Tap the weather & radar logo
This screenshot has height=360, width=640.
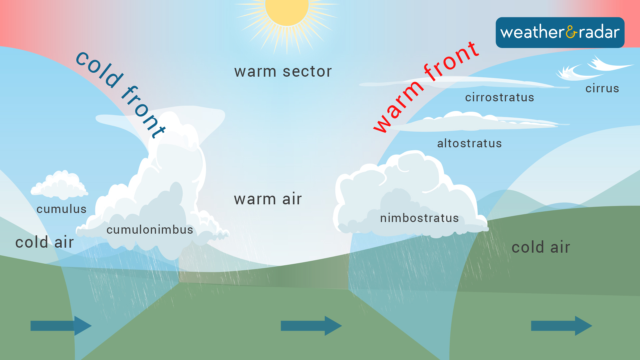coord(560,32)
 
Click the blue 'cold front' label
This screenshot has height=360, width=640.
coord(120,93)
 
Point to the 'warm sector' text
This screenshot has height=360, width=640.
coord(283,71)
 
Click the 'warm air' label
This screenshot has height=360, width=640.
coord(268,199)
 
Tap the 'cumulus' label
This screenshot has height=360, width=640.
coord(62,209)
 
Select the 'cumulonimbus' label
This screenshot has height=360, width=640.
coord(150,230)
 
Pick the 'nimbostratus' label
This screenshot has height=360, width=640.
coord(419,218)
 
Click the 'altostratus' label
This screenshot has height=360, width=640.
coord(469,143)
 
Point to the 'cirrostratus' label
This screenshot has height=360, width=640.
coord(500,97)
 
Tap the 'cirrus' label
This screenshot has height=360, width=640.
coord(602,88)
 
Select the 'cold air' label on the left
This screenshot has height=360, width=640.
coord(44,242)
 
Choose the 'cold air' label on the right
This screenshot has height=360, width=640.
coord(541,247)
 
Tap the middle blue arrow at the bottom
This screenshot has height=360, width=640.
coord(311,326)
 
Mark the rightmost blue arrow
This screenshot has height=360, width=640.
coord(561,326)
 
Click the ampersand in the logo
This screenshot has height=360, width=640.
coord(571,32)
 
